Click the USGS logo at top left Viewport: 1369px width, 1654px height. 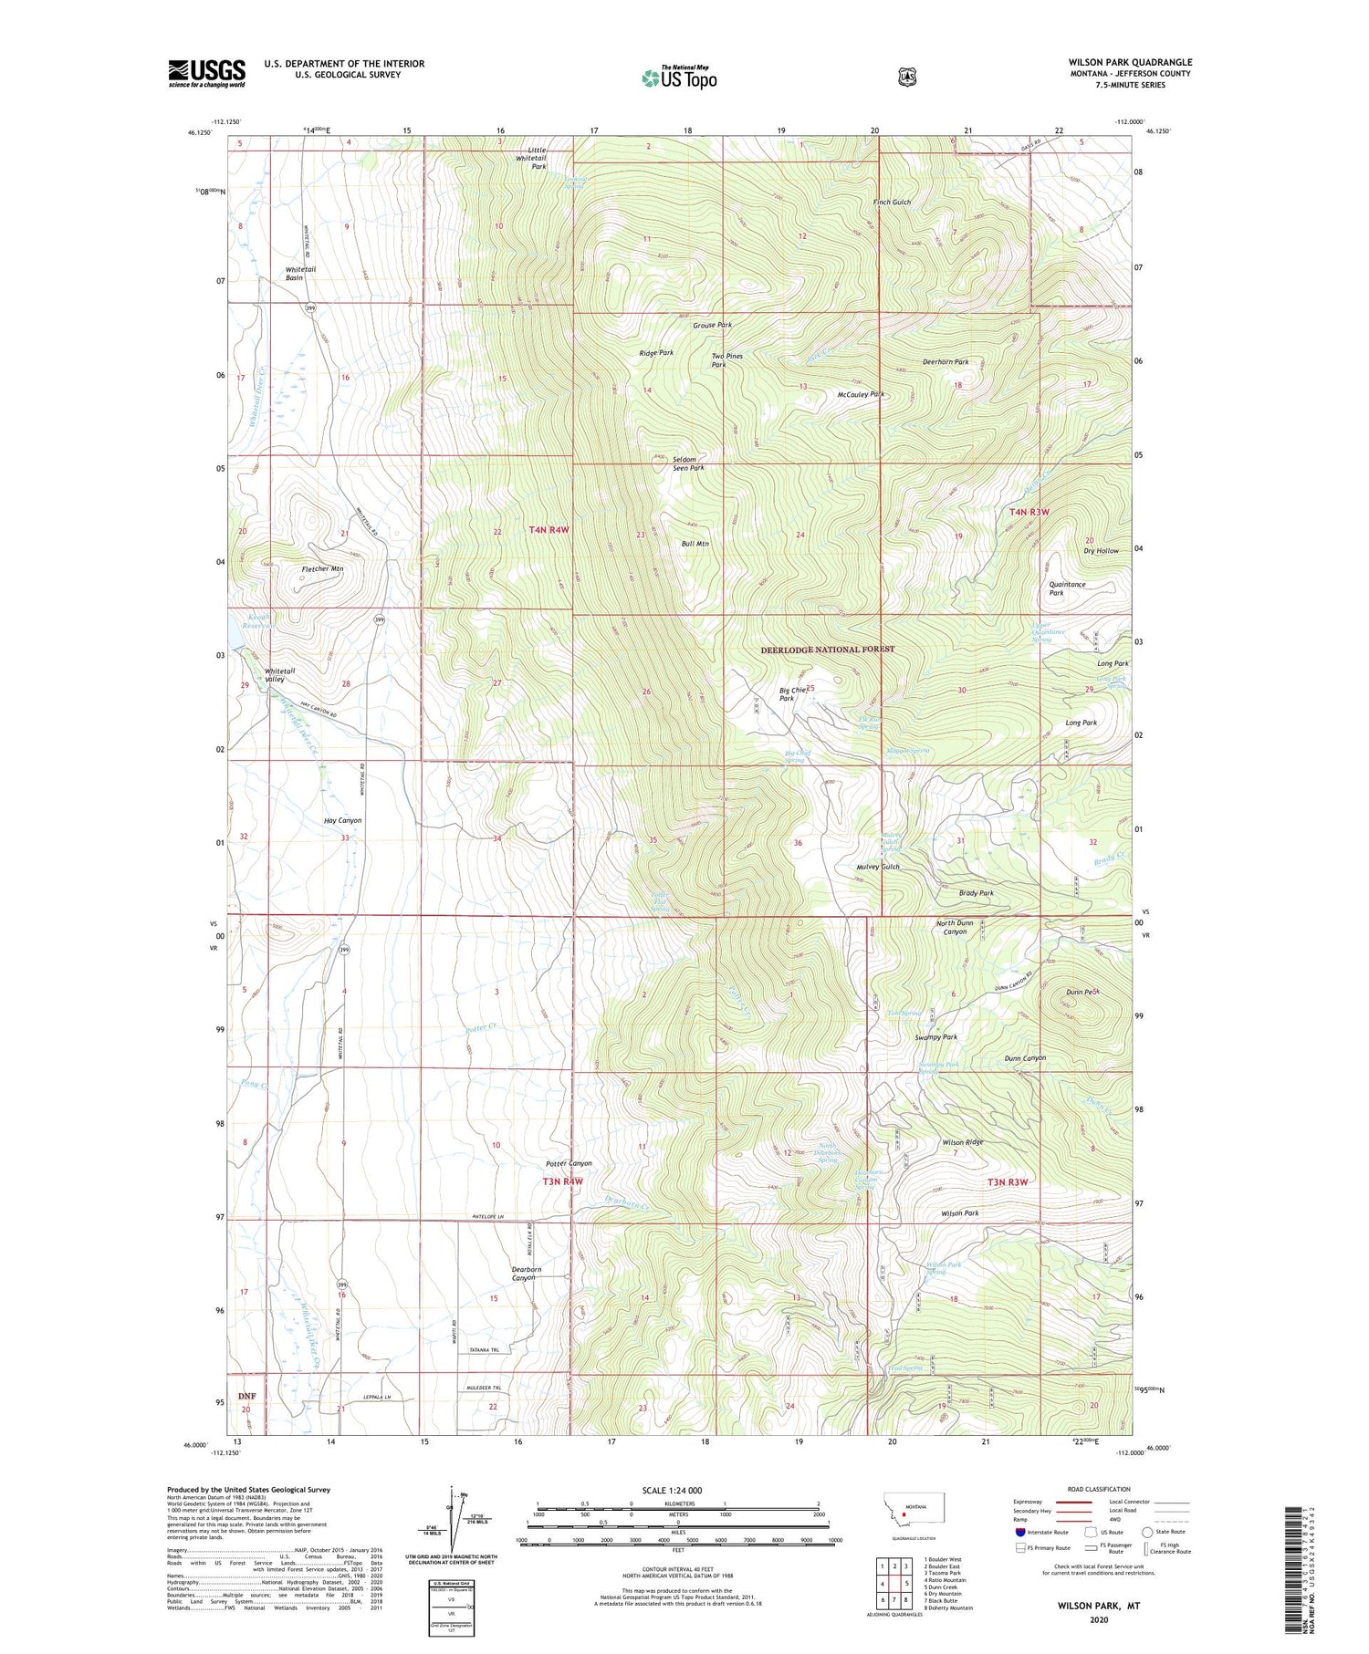(206, 73)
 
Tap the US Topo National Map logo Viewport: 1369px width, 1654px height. (679, 77)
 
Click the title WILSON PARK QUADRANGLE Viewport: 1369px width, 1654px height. (1130, 62)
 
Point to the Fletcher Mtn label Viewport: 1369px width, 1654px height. (322, 568)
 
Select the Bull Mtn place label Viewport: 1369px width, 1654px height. (695, 543)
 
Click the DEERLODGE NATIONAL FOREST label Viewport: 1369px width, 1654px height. (827, 649)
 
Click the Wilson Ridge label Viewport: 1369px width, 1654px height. (963, 1142)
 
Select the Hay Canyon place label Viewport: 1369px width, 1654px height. (342, 820)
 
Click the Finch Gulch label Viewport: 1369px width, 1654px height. (892, 202)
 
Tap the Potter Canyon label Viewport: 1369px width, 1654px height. (569, 1163)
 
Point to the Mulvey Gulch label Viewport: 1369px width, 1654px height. (877, 867)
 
